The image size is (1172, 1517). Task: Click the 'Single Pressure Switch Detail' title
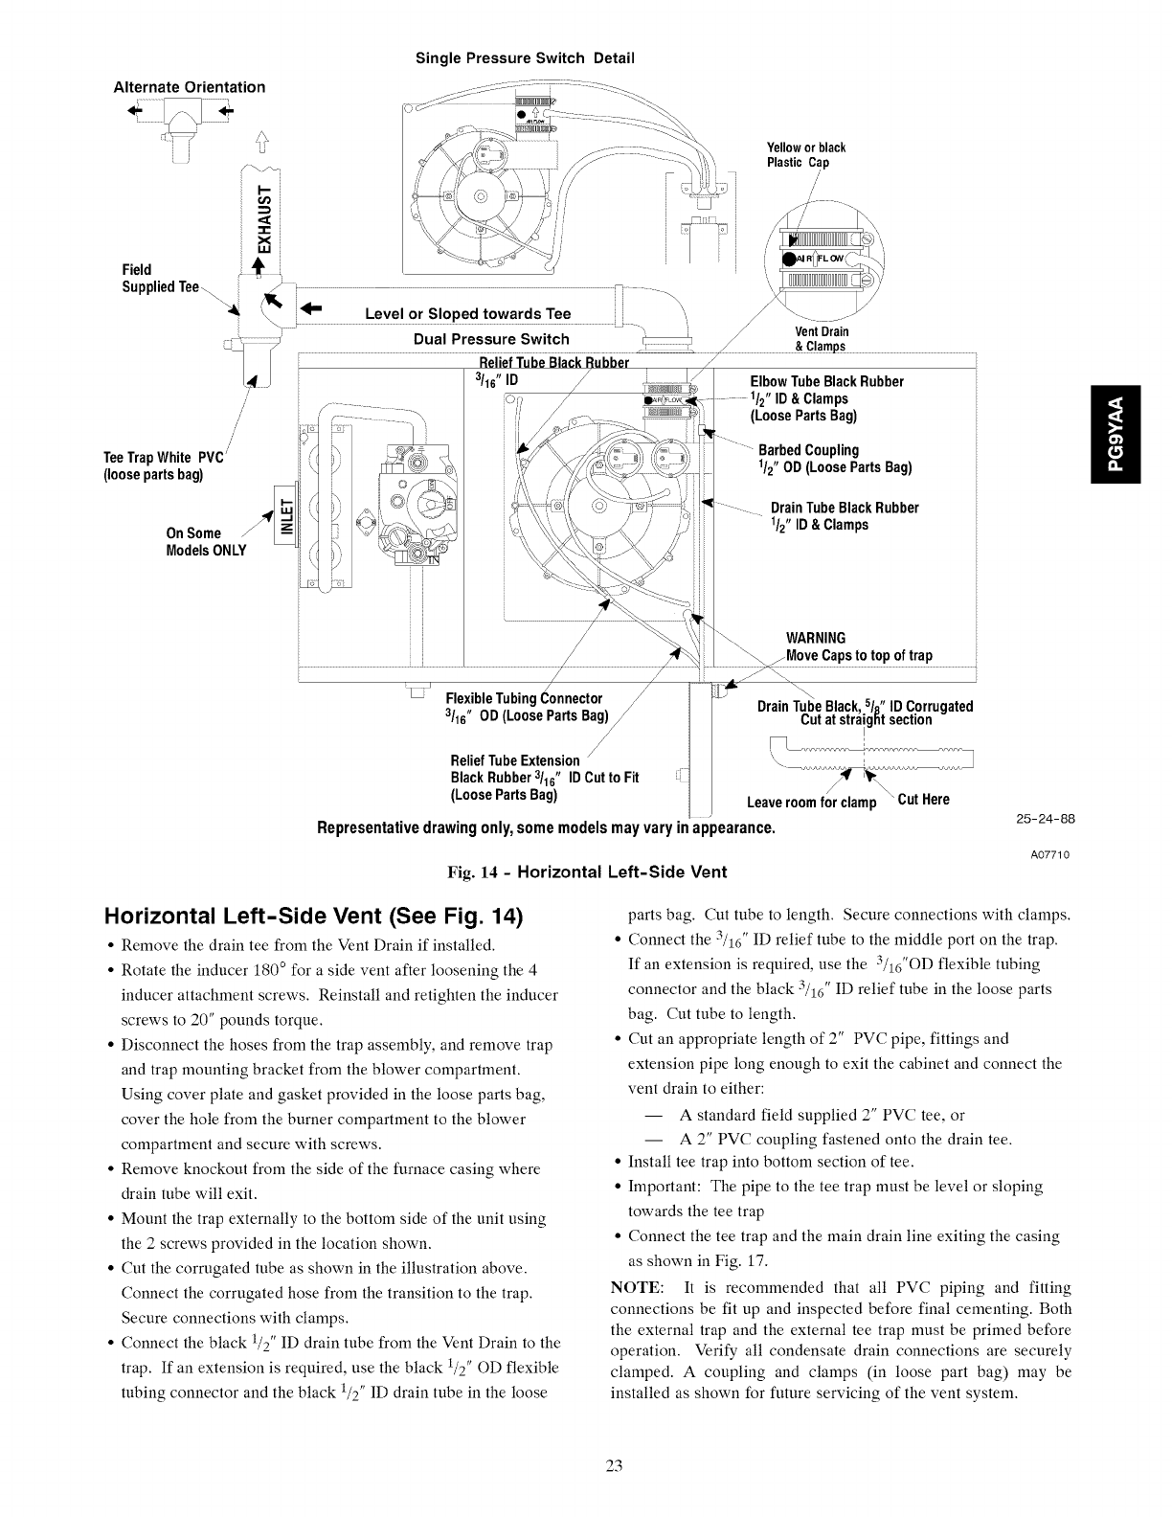[525, 57]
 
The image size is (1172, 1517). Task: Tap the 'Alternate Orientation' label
[190, 86]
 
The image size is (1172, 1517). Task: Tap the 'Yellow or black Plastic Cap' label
[806, 155]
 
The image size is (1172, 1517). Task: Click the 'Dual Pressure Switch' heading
[491, 339]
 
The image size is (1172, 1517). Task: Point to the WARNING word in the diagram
[815, 638]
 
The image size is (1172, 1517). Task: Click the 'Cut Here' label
[923, 800]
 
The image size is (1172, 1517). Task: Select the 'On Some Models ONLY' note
[206, 541]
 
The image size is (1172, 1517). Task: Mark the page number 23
[614, 1465]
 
